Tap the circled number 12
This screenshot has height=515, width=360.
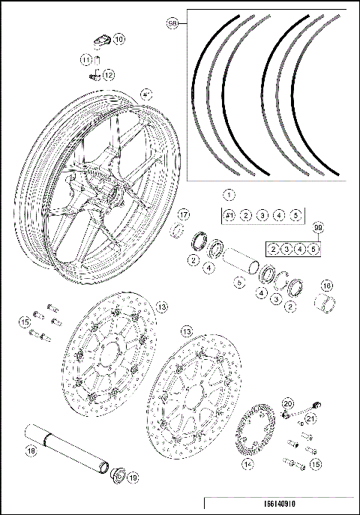point(109,74)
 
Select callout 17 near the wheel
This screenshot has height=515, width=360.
point(183,214)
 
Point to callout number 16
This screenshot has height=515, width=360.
point(326,286)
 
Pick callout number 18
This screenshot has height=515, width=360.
point(31,451)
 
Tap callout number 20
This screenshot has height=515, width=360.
point(287,403)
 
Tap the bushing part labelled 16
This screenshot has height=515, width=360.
point(325,304)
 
